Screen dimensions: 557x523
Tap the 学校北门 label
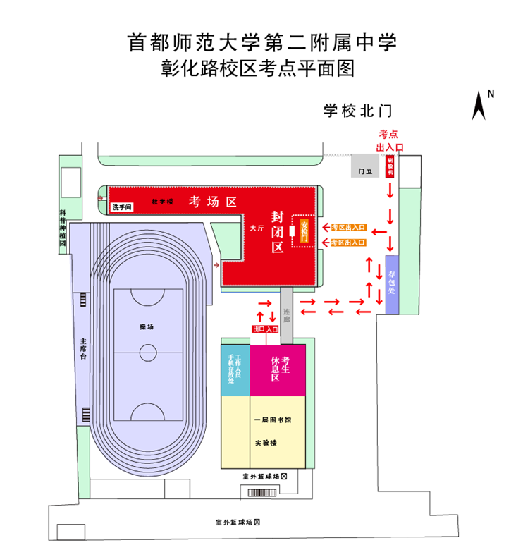357,111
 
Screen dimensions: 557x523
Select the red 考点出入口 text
389,140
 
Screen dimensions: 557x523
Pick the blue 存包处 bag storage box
391,283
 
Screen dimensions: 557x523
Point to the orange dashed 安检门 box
304,230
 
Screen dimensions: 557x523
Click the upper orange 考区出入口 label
349,228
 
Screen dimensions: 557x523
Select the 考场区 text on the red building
212,202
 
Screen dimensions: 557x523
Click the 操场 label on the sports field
146,327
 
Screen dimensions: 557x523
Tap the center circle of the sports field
148,352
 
